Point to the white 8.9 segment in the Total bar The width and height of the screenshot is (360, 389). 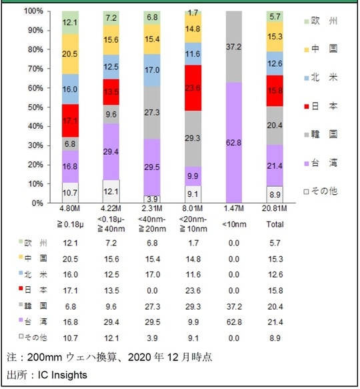tap(274, 194)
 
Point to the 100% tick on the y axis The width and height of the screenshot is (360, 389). tap(33, 12)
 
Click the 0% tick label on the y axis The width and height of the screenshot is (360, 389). tap(37, 202)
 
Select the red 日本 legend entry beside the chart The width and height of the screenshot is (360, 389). tap(321, 106)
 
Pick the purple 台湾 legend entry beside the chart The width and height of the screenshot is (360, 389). tap(321, 162)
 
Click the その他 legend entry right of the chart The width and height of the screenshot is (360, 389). tap(321, 190)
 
